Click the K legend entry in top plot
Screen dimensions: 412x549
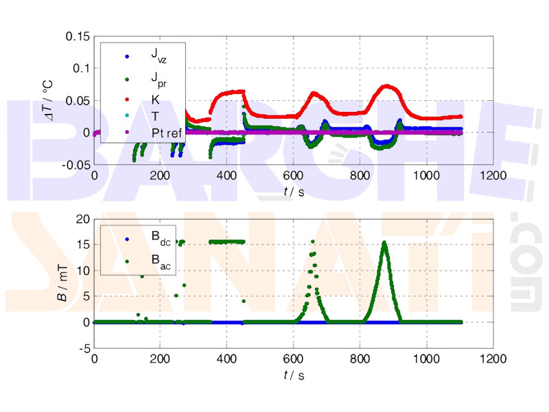[155, 99]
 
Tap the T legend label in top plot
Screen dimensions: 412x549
[154, 115]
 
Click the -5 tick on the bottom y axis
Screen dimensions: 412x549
[84, 348]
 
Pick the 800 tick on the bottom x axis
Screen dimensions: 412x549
[360, 359]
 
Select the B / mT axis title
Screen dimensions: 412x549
[62, 284]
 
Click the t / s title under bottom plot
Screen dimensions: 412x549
[294, 375]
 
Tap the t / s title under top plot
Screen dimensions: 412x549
[294, 192]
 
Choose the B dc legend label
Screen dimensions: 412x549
[161, 239]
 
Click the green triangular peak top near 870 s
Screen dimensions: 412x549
[384, 242]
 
